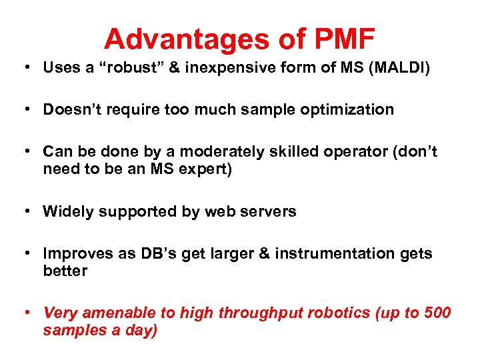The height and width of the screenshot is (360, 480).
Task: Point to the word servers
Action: pos(269,211)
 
